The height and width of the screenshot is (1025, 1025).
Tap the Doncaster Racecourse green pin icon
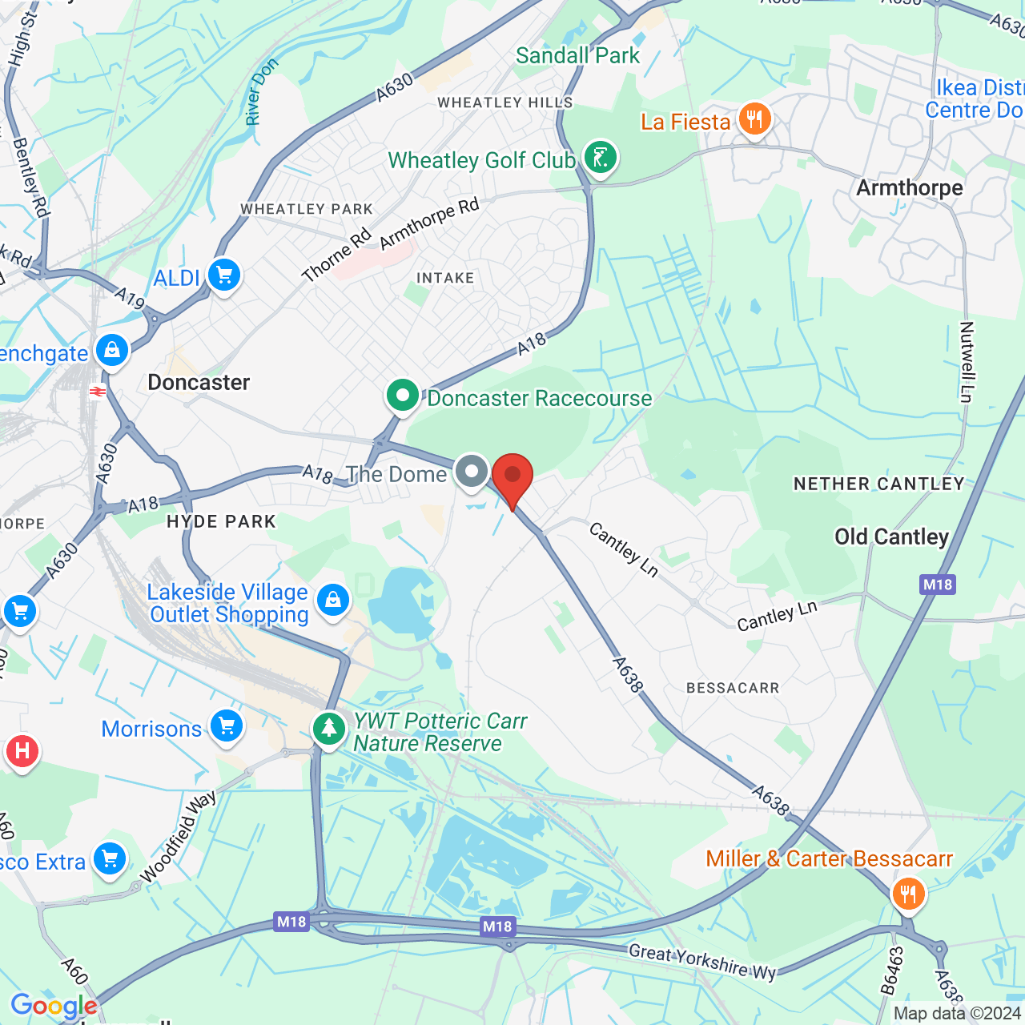click(403, 396)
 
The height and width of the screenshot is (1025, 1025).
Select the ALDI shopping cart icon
click(224, 276)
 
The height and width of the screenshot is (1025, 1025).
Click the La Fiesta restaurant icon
click(754, 120)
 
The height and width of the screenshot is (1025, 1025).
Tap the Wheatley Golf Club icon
click(600, 158)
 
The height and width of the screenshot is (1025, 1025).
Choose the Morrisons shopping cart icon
click(227, 727)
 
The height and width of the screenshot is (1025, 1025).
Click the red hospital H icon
click(22, 751)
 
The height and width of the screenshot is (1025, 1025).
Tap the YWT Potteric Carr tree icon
click(328, 729)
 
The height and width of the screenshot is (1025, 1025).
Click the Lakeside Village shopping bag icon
click(333, 600)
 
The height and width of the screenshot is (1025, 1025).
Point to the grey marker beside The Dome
click(472, 472)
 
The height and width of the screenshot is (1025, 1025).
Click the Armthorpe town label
click(910, 188)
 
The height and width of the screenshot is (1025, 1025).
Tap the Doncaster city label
click(199, 383)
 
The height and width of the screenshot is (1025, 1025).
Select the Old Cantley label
click(891, 537)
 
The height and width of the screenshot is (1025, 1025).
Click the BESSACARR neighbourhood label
click(733, 688)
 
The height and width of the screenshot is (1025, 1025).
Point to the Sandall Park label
click(577, 56)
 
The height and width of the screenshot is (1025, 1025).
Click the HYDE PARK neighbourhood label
click(221, 522)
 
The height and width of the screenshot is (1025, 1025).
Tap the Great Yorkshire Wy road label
click(702, 962)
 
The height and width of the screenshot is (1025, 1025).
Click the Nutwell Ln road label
click(967, 362)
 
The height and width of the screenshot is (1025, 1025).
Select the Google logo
click(54, 1006)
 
